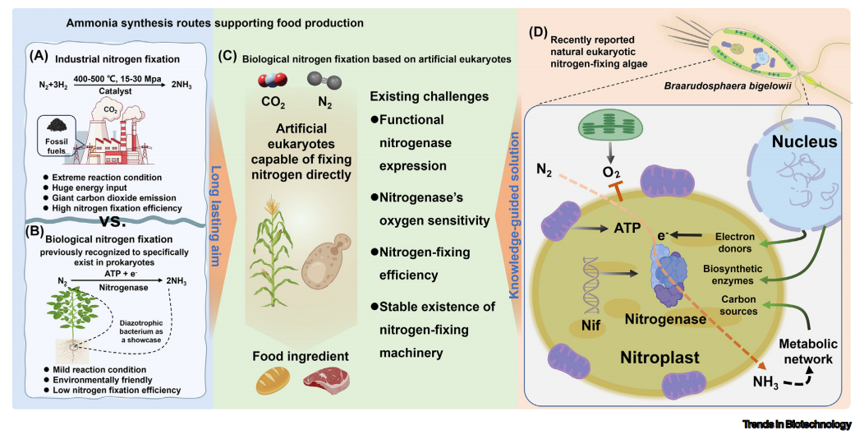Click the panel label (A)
pyautogui.click(x=41, y=58)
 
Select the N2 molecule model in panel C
pyautogui.click(x=318, y=81)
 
